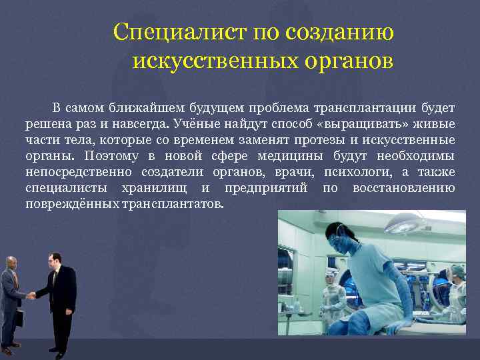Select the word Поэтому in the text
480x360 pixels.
pos(110,156)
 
